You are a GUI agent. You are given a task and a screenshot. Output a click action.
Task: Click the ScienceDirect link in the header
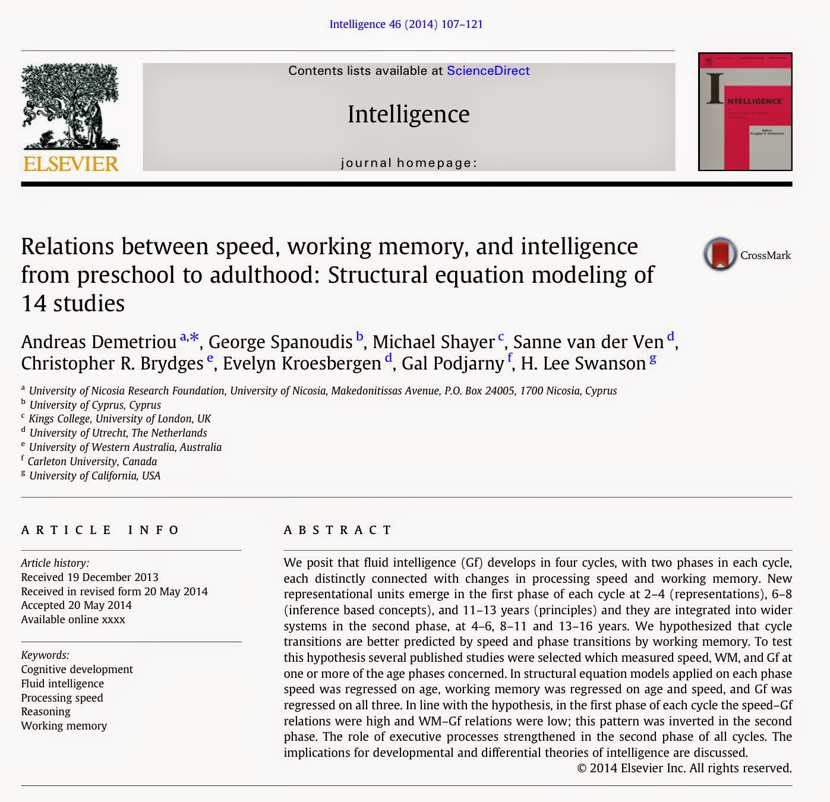click(488, 71)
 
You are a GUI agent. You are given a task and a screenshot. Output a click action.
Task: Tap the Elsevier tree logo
click(70, 107)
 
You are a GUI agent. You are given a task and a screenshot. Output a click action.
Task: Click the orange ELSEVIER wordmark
click(71, 163)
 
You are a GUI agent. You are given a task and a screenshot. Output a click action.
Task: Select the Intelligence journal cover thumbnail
click(745, 112)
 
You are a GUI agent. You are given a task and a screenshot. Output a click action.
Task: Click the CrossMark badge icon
click(720, 254)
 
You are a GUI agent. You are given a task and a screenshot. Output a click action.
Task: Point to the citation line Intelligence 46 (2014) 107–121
click(406, 24)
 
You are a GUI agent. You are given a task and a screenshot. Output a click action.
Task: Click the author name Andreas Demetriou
click(99, 342)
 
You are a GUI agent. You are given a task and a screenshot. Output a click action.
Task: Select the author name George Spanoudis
click(280, 342)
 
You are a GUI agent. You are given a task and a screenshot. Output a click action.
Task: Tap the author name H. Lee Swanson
click(583, 363)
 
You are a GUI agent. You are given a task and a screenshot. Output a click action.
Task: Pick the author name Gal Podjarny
click(453, 363)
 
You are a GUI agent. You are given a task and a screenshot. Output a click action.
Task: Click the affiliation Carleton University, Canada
click(92, 462)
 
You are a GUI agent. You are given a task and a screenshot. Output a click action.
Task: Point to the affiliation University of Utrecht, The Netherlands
click(118, 433)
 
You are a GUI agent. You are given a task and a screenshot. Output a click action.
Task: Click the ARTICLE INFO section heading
click(100, 530)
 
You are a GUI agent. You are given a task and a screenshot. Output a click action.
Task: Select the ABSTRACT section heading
click(337, 530)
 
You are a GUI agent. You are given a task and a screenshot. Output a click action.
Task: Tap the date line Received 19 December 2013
click(90, 577)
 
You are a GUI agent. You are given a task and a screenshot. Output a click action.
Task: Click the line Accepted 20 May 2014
click(76, 605)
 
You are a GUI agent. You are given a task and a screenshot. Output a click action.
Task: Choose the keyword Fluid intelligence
click(62, 683)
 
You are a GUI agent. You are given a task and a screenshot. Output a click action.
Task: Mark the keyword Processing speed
click(62, 697)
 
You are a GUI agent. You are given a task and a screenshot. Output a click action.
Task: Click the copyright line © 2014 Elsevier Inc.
click(684, 768)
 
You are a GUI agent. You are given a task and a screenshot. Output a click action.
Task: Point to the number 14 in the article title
click(34, 304)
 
